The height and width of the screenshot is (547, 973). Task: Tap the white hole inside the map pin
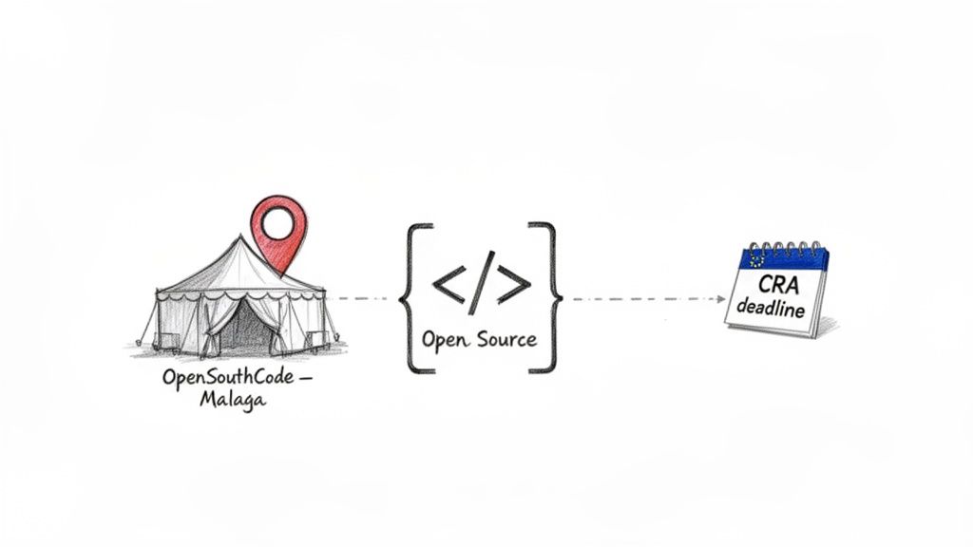[x=278, y=224]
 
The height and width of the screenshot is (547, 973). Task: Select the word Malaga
[x=233, y=399]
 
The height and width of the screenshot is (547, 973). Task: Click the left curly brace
[x=407, y=297]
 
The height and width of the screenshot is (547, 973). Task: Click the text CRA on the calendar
[x=780, y=284]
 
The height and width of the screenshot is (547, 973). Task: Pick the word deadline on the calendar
[x=772, y=310]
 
